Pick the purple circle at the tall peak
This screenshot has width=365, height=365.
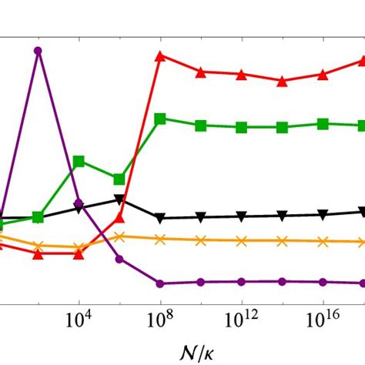click(38, 50)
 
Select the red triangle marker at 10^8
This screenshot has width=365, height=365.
click(160, 55)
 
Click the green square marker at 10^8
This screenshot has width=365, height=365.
click(160, 119)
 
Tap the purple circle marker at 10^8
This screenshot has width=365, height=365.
click(160, 283)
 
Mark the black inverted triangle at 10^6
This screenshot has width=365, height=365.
click(119, 199)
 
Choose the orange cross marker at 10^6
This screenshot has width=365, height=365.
click(119, 236)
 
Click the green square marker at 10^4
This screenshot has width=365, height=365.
click(79, 162)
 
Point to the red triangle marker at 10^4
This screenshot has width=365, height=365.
click(79, 253)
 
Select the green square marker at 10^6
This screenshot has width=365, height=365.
click(119, 179)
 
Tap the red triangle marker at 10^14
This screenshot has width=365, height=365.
click(283, 80)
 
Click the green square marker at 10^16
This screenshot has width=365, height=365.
click(323, 123)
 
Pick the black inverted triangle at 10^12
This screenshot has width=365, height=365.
click(241, 216)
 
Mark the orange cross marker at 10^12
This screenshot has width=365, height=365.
click(241, 240)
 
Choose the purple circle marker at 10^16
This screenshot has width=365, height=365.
click(323, 282)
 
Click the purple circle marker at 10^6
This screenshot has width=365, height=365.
click(119, 259)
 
